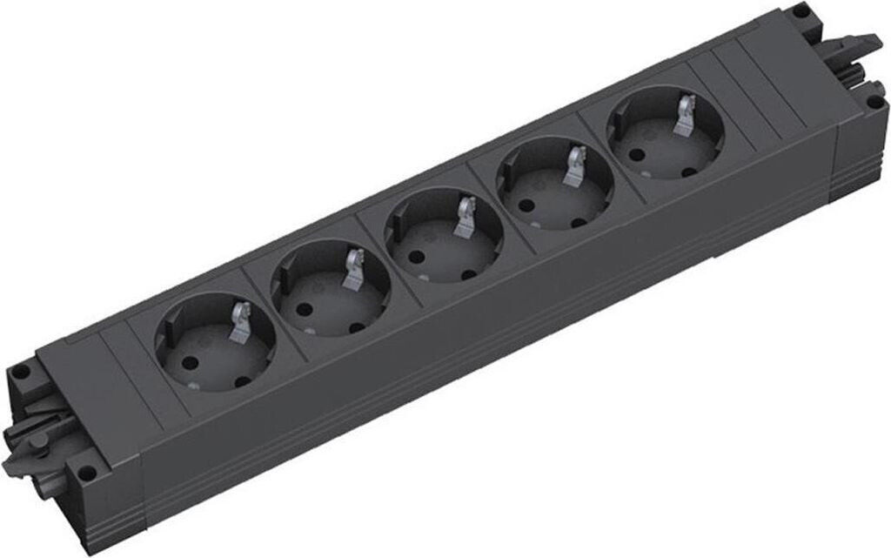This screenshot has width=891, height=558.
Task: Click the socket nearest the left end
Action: click(x=215, y=345)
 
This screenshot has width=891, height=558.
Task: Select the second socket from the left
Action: click(x=329, y=290)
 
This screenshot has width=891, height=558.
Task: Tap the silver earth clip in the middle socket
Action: click(x=466, y=215)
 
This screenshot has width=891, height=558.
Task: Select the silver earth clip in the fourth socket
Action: click(x=575, y=164)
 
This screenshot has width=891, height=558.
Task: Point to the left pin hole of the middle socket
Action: click(x=416, y=256)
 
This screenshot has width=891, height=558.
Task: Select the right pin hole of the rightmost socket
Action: click(x=689, y=171)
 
